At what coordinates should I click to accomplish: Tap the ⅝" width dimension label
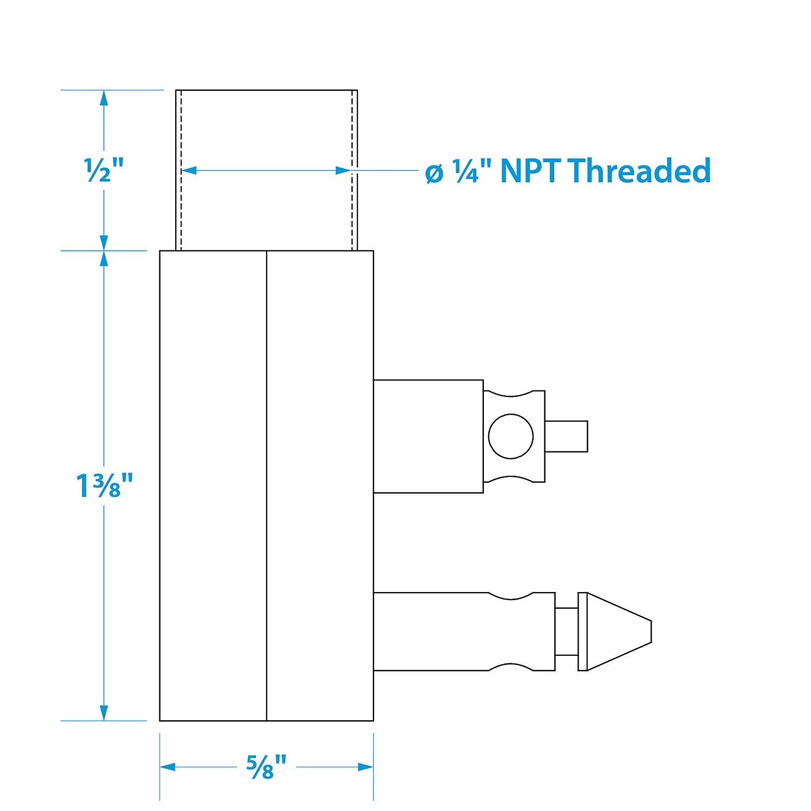[266, 767]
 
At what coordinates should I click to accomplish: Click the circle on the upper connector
[510, 436]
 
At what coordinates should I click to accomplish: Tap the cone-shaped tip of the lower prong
[619, 631]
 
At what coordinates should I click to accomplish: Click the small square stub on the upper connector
[566, 436]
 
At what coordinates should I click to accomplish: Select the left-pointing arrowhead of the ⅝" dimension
[168, 767]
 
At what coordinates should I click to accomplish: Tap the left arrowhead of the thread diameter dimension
[189, 170]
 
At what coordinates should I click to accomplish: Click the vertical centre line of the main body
[267, 486]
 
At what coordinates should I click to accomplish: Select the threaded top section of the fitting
[267, 170]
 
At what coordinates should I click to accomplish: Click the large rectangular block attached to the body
[428, 436]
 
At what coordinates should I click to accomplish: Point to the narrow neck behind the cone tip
[567, 631]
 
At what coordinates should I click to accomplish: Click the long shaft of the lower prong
[464, 631]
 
